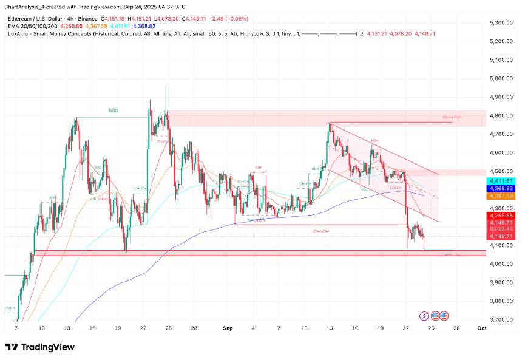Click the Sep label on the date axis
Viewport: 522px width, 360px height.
tap(228, 328)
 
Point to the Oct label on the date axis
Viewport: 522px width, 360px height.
tap(481, 328)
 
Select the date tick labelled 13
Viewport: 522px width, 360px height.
tap(328, 328)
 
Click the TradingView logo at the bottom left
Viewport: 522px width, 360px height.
tap(40, 347)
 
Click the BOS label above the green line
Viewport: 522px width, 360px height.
tap(114, 110)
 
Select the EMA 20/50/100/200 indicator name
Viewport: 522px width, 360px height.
tap(32, 25)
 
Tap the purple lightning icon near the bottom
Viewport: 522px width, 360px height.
tap(424, 315)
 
